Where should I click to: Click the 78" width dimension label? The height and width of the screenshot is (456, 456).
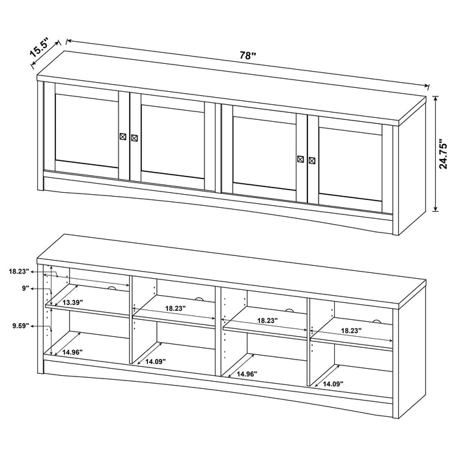tap(247, 56)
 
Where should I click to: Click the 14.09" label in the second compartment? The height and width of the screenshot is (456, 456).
tap(157, 362)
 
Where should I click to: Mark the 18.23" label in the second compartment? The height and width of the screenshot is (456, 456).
tap(176, 308)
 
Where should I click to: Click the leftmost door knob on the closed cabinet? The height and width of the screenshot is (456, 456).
tap(122, 135)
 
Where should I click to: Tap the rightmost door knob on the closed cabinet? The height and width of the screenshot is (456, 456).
tap(312, 160)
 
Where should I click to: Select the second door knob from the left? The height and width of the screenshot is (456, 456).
tap(134, 137)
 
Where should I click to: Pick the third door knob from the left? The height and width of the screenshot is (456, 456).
tap(300, 158)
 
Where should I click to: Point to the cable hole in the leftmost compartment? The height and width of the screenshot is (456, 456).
tap(112, 288)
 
